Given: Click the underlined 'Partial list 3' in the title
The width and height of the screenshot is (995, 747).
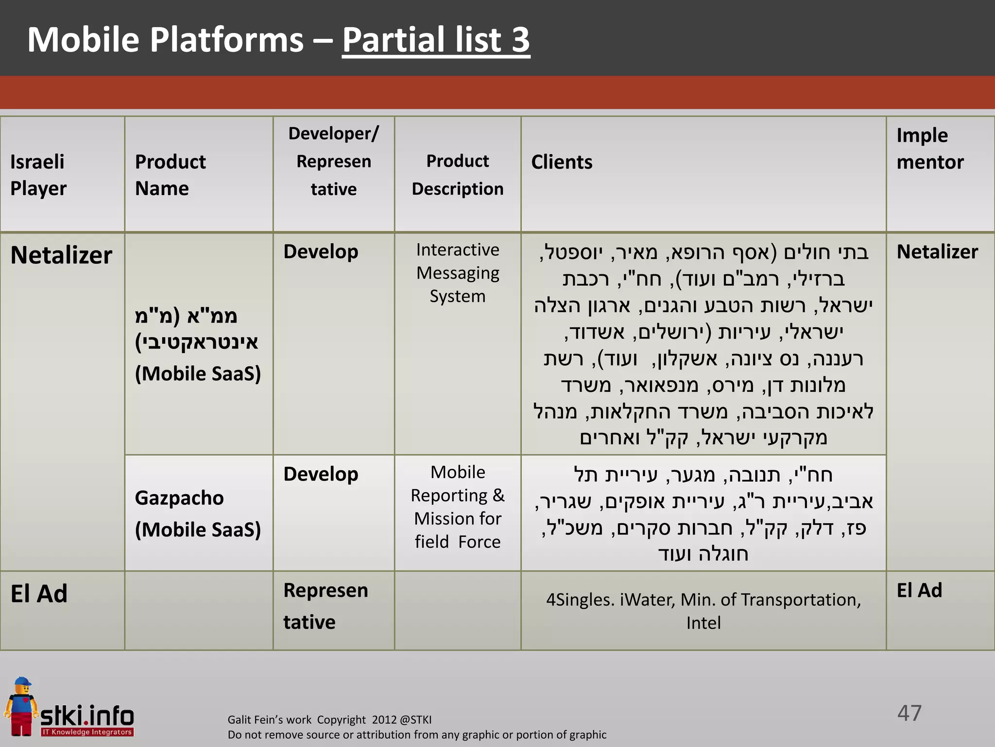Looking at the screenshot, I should (436, 40).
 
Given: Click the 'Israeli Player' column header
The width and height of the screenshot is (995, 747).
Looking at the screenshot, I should (38, 175).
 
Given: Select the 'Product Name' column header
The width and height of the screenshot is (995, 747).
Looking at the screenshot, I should (170, 175).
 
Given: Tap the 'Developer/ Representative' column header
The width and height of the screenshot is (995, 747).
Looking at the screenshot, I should (333, 161).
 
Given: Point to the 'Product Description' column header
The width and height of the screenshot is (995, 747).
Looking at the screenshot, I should (457, 175).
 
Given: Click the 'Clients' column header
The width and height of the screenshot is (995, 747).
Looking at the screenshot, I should (562, 162).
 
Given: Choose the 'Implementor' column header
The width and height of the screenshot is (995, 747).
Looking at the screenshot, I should (929, 148).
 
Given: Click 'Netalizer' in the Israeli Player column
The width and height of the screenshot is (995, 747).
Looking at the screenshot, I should (61, 255).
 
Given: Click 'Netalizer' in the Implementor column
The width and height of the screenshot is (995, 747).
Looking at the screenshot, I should (937, 252).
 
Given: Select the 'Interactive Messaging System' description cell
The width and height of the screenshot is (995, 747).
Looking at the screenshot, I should (457, 273).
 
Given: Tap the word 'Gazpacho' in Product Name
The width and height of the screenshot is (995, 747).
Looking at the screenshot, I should (179, 498).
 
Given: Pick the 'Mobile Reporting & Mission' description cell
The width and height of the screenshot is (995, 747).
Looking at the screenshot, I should (457, 507).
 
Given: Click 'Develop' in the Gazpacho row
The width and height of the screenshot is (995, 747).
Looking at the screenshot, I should (321, 474).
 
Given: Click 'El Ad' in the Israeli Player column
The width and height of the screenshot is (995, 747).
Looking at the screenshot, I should (39, 594).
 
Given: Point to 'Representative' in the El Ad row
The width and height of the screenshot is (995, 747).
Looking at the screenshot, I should (326, 606).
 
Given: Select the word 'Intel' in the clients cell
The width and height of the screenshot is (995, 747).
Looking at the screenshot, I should (703, 623).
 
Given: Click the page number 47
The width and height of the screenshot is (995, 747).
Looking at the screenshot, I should (909, 713).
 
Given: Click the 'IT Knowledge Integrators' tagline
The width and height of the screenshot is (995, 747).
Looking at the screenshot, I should (87, 732).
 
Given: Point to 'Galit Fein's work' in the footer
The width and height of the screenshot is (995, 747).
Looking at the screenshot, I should (270, 720).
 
